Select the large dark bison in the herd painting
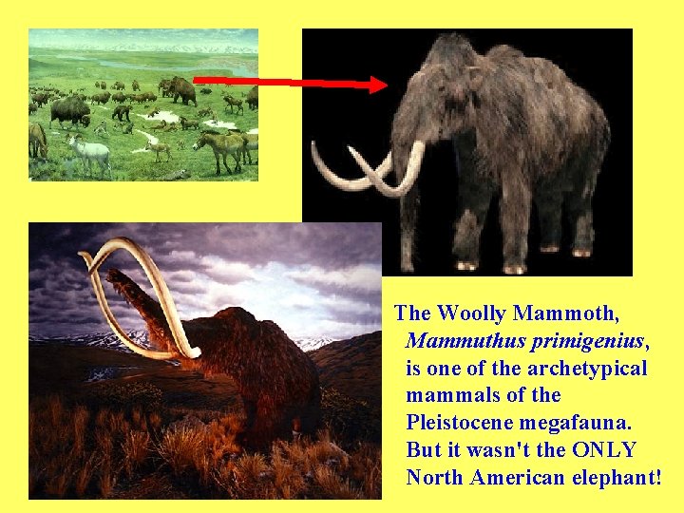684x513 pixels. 68,110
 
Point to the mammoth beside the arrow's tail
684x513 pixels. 180,89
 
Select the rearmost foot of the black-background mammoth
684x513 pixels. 579,253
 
